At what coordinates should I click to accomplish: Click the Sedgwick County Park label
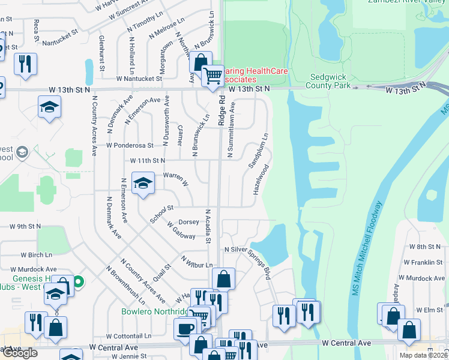[330, 81]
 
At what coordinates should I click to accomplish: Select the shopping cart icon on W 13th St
[212, 77]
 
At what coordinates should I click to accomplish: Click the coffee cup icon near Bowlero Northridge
[185, 328]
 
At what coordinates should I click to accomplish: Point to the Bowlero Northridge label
[154, 312]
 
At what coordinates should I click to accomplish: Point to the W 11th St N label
[148, 161]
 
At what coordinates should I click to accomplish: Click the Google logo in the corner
[19, 353]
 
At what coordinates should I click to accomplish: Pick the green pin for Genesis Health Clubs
[79, 280]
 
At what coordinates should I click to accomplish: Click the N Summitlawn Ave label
[231, 130]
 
